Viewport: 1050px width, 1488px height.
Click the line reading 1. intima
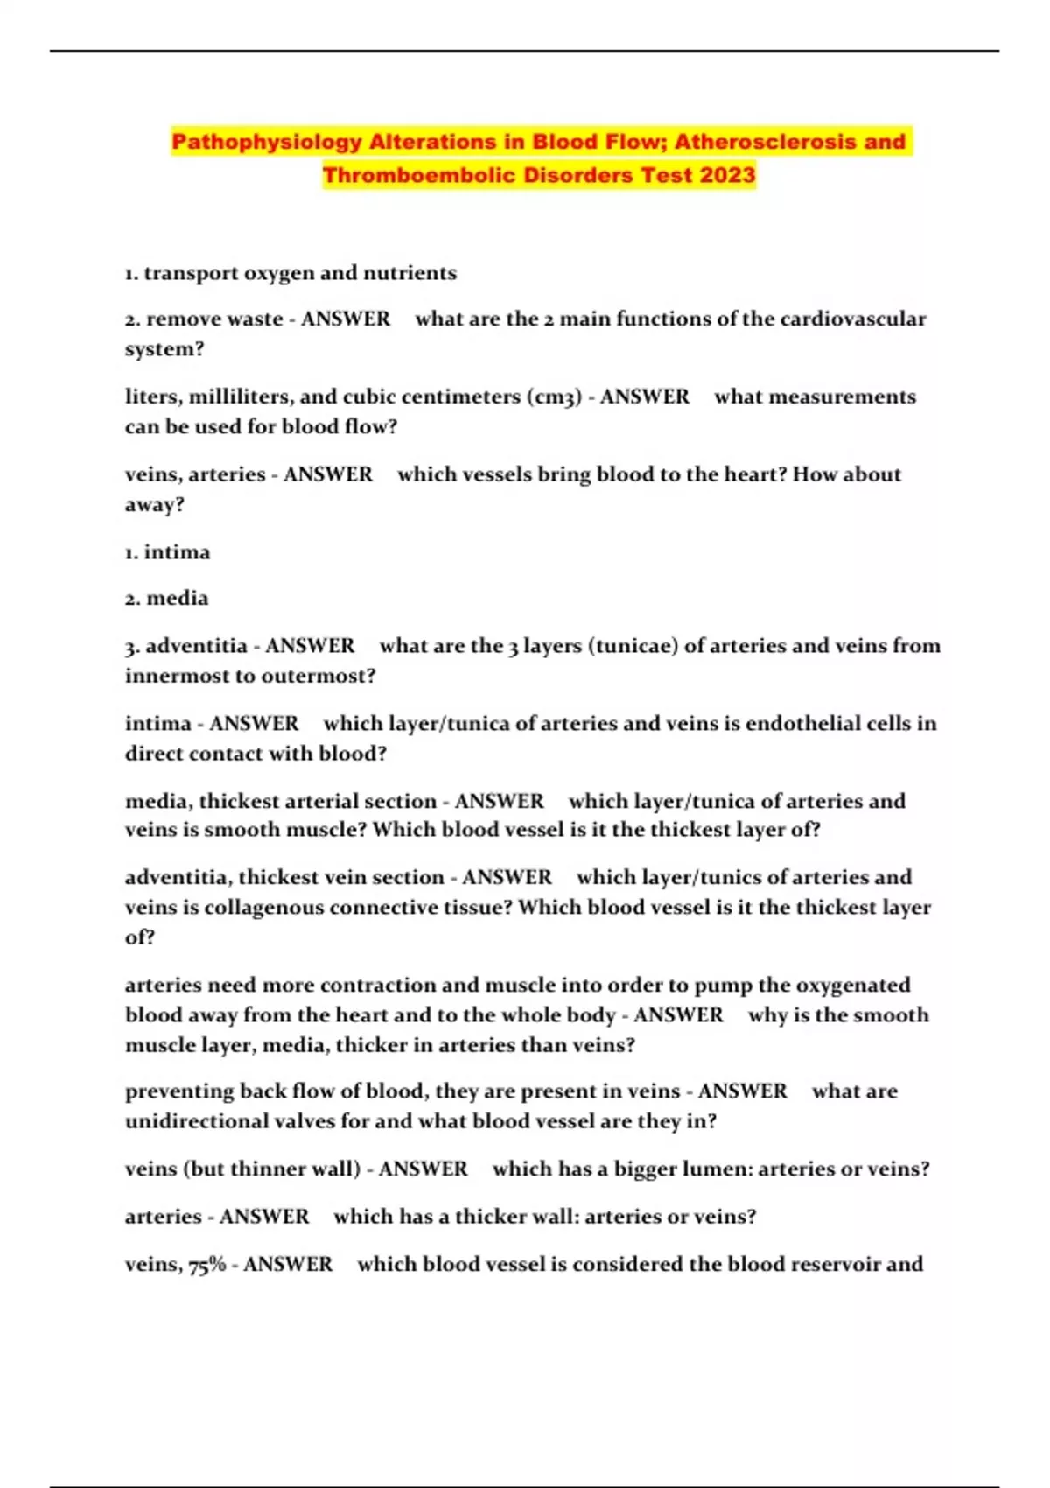pyautogui.click(x=167, y=552)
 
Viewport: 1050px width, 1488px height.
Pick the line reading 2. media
pyautogui.click(x=166, y=599)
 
